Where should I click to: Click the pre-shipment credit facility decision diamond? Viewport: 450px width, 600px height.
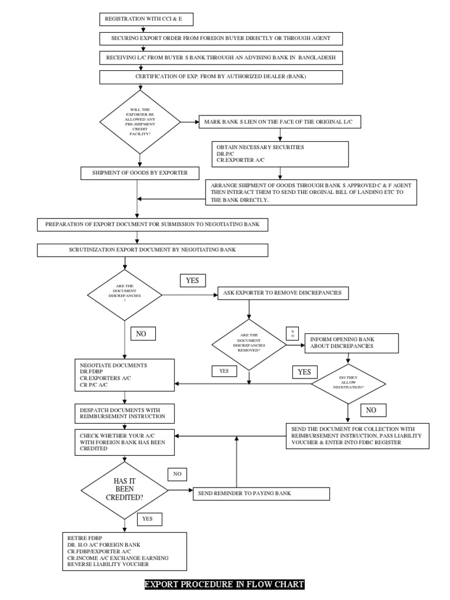[139, 121]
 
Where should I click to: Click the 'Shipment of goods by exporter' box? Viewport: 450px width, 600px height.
[139, 173]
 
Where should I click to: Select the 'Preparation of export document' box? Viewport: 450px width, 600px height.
[153, 224]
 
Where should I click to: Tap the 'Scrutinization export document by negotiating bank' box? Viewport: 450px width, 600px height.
[153, 250]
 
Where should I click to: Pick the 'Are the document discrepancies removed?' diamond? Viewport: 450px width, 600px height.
[249, 345]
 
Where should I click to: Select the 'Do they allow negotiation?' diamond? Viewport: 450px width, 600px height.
[348, 384]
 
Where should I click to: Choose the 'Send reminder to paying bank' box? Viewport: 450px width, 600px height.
[261, 493]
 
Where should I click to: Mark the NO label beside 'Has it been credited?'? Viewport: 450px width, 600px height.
[177, 473]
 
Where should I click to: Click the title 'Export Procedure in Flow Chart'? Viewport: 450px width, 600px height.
[224, 584]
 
